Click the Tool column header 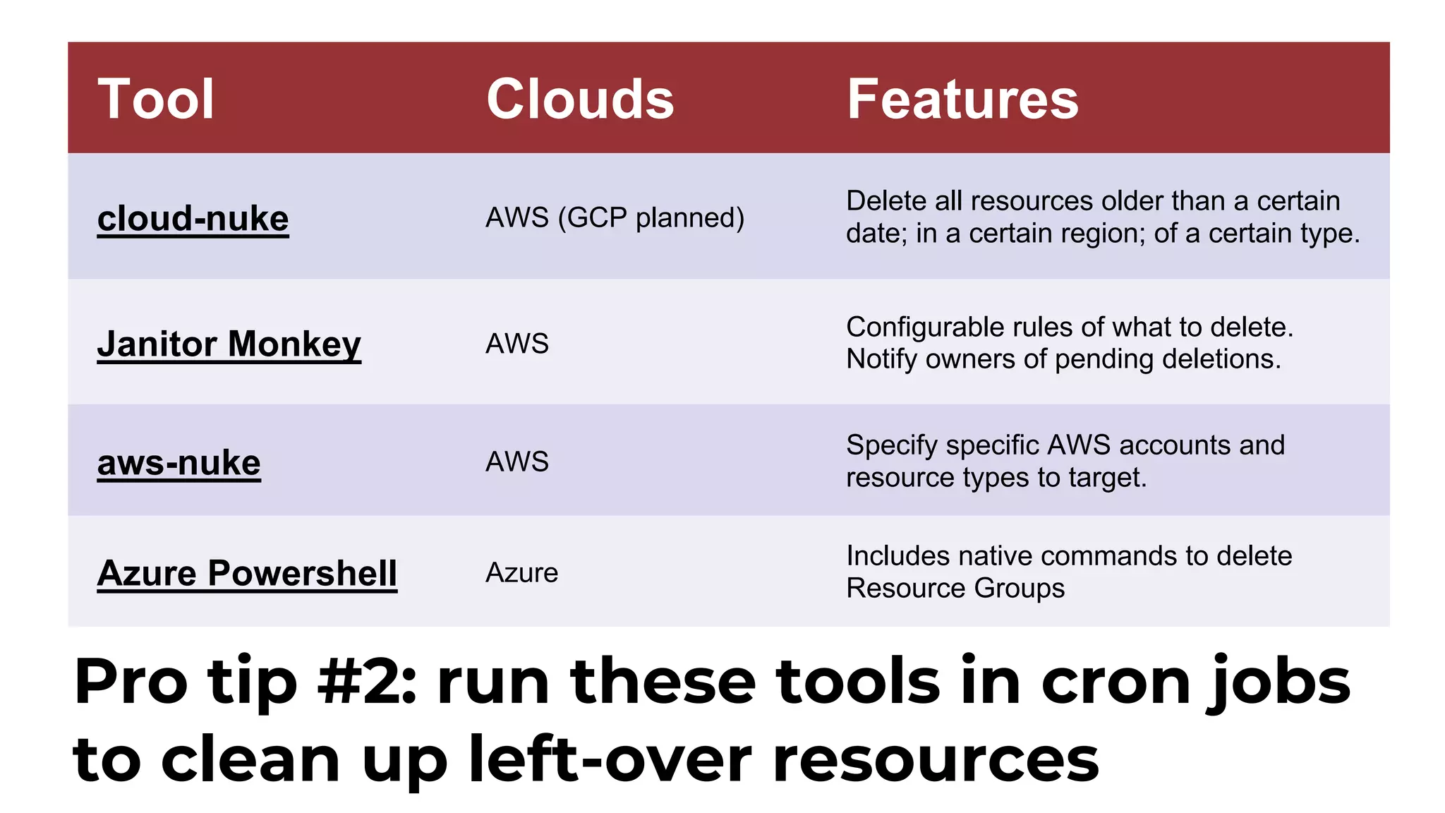[155, 99]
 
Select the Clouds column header [580, 99]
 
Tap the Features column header [962, 99]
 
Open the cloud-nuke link [193, 218]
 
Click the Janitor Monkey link [229, 344]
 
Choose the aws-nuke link [179, 463]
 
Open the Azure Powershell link [247, 572]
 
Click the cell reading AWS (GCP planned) [615, 217]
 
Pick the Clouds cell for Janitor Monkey [516, 344]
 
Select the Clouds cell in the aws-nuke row [516, 462]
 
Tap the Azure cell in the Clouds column [521, 572]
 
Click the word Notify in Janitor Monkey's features [882, 359]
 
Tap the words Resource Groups [955, 588]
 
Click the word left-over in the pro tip [610, 759]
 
